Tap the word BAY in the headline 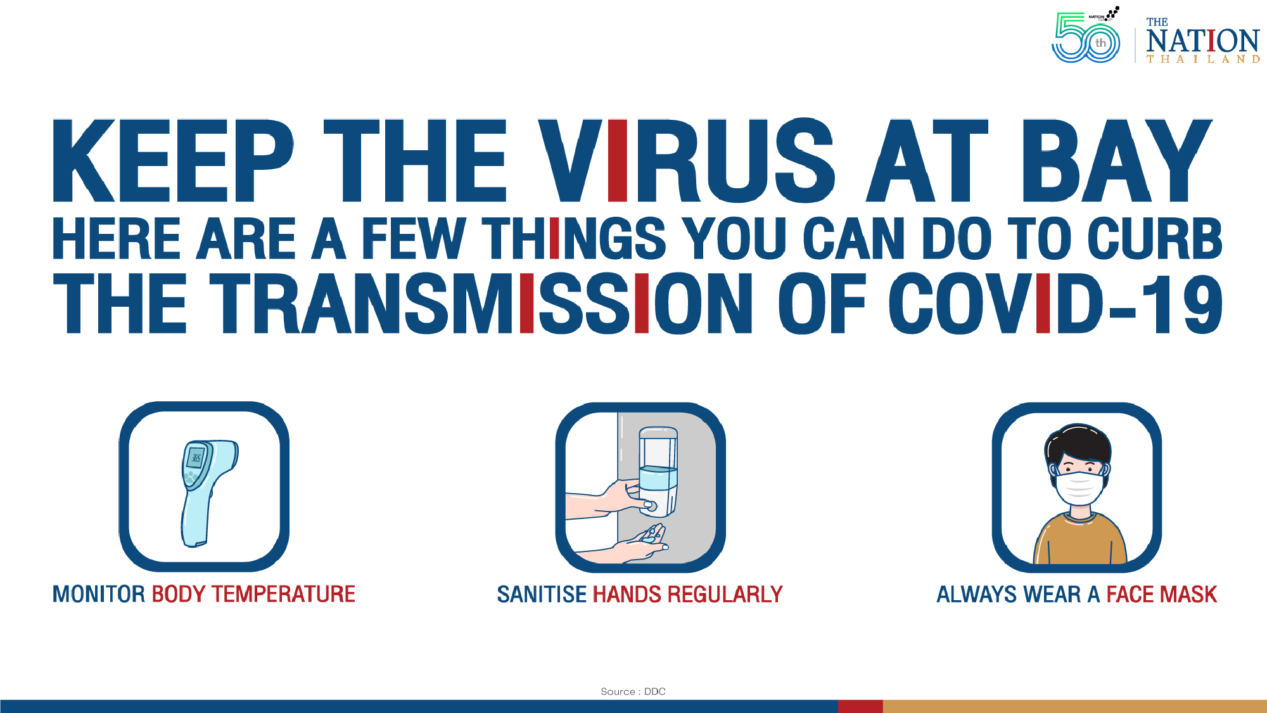click(x=1115, y=162)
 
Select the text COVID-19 click(x=1055, y=304)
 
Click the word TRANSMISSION click(x=481, y=304)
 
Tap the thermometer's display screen click(x=196, y=458)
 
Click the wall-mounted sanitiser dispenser click(x=658, y=469)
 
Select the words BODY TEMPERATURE click(x=253, y=594)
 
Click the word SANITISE click(x=542, y=594)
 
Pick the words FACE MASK click(x=1161, y=594)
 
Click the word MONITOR click(x=99, y=594)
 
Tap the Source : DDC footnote click(x=633, y=691)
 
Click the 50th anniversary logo click(x=1085, y=38)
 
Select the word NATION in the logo click(x=1202, y=41)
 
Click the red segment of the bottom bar click(x=860, y=706)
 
